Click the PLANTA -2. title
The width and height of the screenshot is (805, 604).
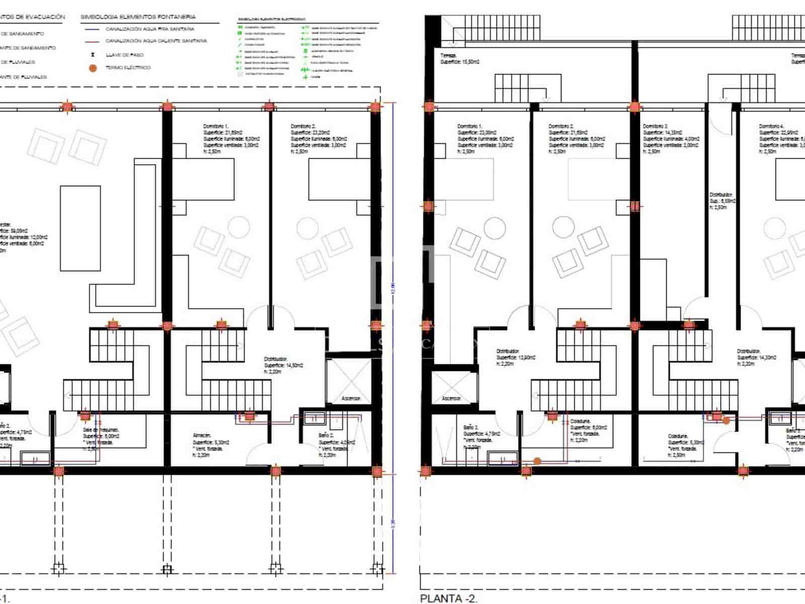448,598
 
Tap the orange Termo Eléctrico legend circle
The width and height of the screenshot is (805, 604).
93,68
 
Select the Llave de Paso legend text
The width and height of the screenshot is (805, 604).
124,55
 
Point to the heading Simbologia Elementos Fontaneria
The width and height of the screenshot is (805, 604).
138,17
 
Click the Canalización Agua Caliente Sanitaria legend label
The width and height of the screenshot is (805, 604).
156,41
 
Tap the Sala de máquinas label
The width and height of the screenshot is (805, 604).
101,430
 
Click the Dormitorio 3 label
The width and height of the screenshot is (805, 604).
656,126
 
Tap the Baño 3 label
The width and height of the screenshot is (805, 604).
471,427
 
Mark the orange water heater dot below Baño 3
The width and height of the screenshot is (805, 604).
537,461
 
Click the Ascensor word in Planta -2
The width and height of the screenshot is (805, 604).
451,399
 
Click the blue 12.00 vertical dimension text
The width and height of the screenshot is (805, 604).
393,287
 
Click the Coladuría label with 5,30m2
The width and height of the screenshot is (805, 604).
678,436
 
